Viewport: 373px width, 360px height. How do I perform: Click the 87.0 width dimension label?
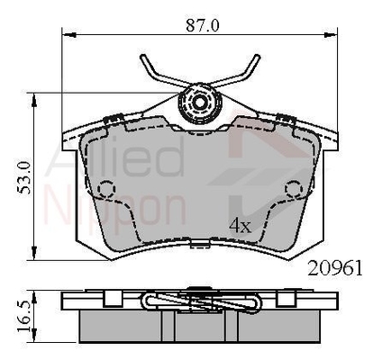tap(203, 25)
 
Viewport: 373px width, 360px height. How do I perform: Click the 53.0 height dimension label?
tap(24, 177)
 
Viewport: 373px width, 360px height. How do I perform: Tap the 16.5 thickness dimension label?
tap(24, 315)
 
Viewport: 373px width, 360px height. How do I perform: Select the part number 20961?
tap(335, 268)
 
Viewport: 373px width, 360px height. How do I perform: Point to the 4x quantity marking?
tap(240, 226)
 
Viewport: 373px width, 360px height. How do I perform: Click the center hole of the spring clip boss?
tap(198, 103)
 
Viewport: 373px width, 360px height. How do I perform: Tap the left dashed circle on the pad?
tap(106, 189)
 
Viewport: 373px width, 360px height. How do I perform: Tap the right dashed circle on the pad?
tap(294, 189)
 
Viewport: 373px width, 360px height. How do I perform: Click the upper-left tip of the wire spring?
tap(143, 57)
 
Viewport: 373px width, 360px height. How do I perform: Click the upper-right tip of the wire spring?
tap(257, 57)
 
